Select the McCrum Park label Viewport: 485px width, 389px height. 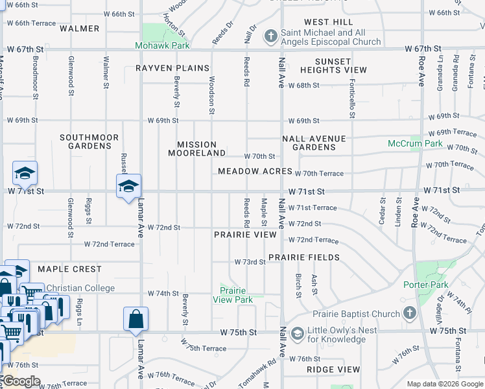click(x=415, y=143)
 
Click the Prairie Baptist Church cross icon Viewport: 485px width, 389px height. click(x=409, y=314)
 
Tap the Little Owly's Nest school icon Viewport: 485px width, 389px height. click(x=298, y=334)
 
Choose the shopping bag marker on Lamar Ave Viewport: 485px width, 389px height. click(x=136, y=319)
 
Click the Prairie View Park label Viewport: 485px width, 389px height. click(x=236, y=295)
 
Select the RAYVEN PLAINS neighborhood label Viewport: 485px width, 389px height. click(x=172, y=68)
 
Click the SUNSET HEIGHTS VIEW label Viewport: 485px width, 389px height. click(x=333, y=65)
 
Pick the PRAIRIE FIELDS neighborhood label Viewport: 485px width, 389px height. click(x=304, y=257)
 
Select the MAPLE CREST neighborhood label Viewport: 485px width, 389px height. click(x=69, y=269)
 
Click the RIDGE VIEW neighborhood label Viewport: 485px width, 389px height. click(x=333, y=370)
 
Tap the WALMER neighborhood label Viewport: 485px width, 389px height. click(x=79, y=29)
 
